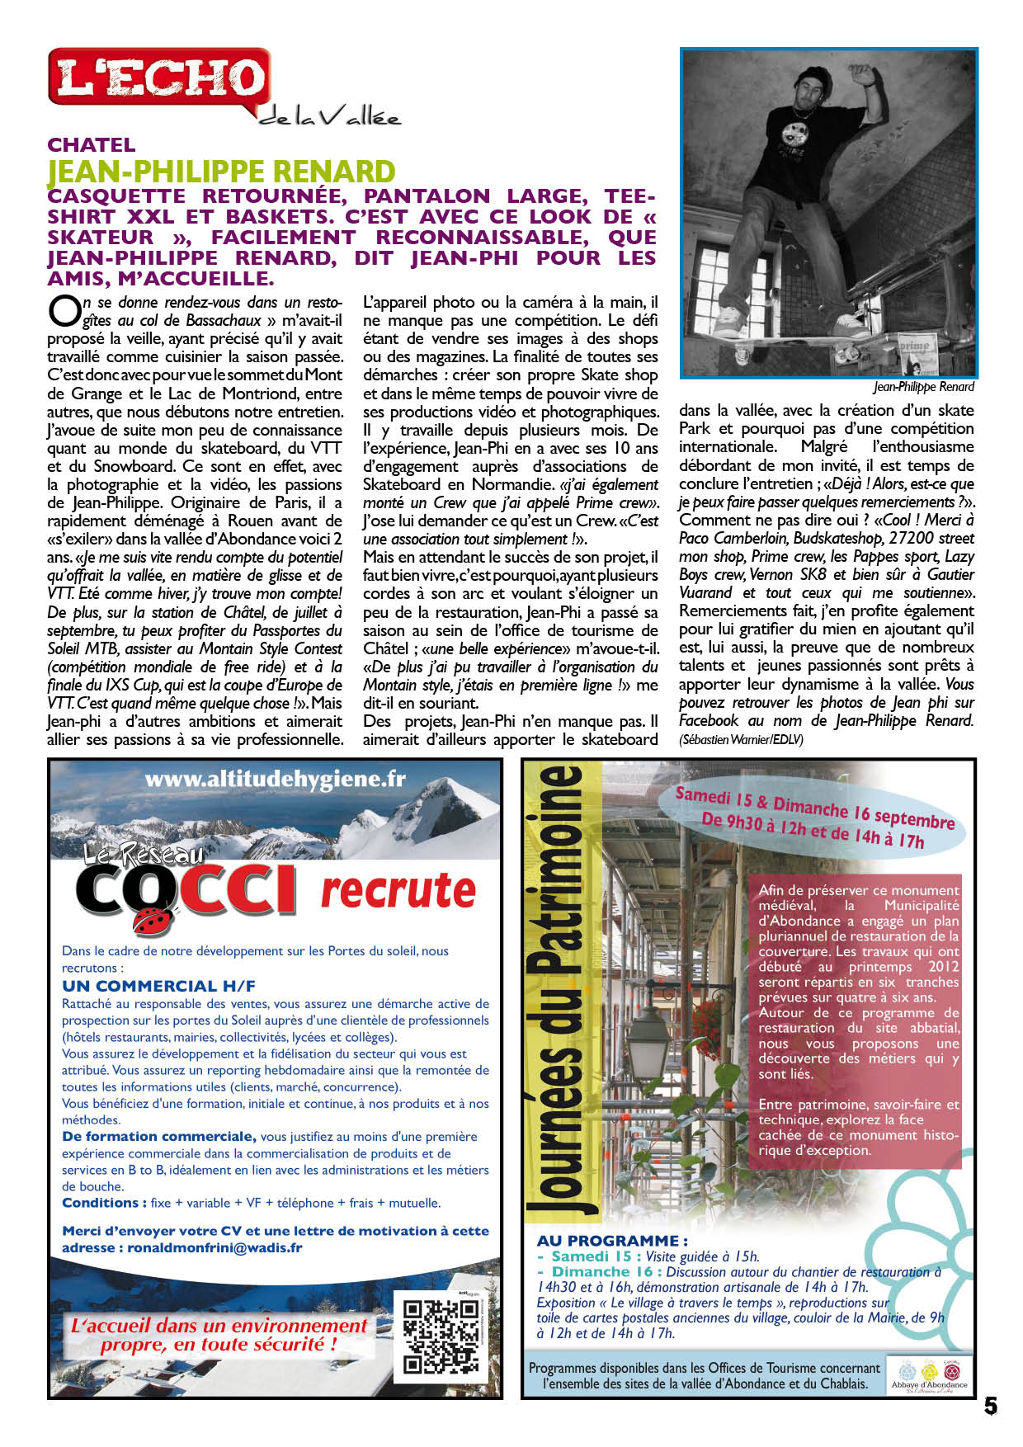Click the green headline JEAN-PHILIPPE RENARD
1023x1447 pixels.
click(x=221, y=172)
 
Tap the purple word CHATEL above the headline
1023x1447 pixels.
click(x=92, y=145)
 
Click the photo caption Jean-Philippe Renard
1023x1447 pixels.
click(x=923, y=387)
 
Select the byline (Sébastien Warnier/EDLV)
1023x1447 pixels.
click(x=741, y=739)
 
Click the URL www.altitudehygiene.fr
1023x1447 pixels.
click(x=275, y=779)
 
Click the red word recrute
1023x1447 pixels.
click(x=398, y=891)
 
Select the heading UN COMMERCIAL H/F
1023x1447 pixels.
click(x=158, y=986)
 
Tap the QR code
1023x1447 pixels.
click(x=441, y=1336)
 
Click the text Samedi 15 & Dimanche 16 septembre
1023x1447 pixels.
click(x=814, y=808)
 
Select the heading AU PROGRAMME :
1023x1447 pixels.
click(x=612, y=1241)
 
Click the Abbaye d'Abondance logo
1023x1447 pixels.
click(x=929, y=1374)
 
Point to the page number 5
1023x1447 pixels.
click(x=990, y=1407)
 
